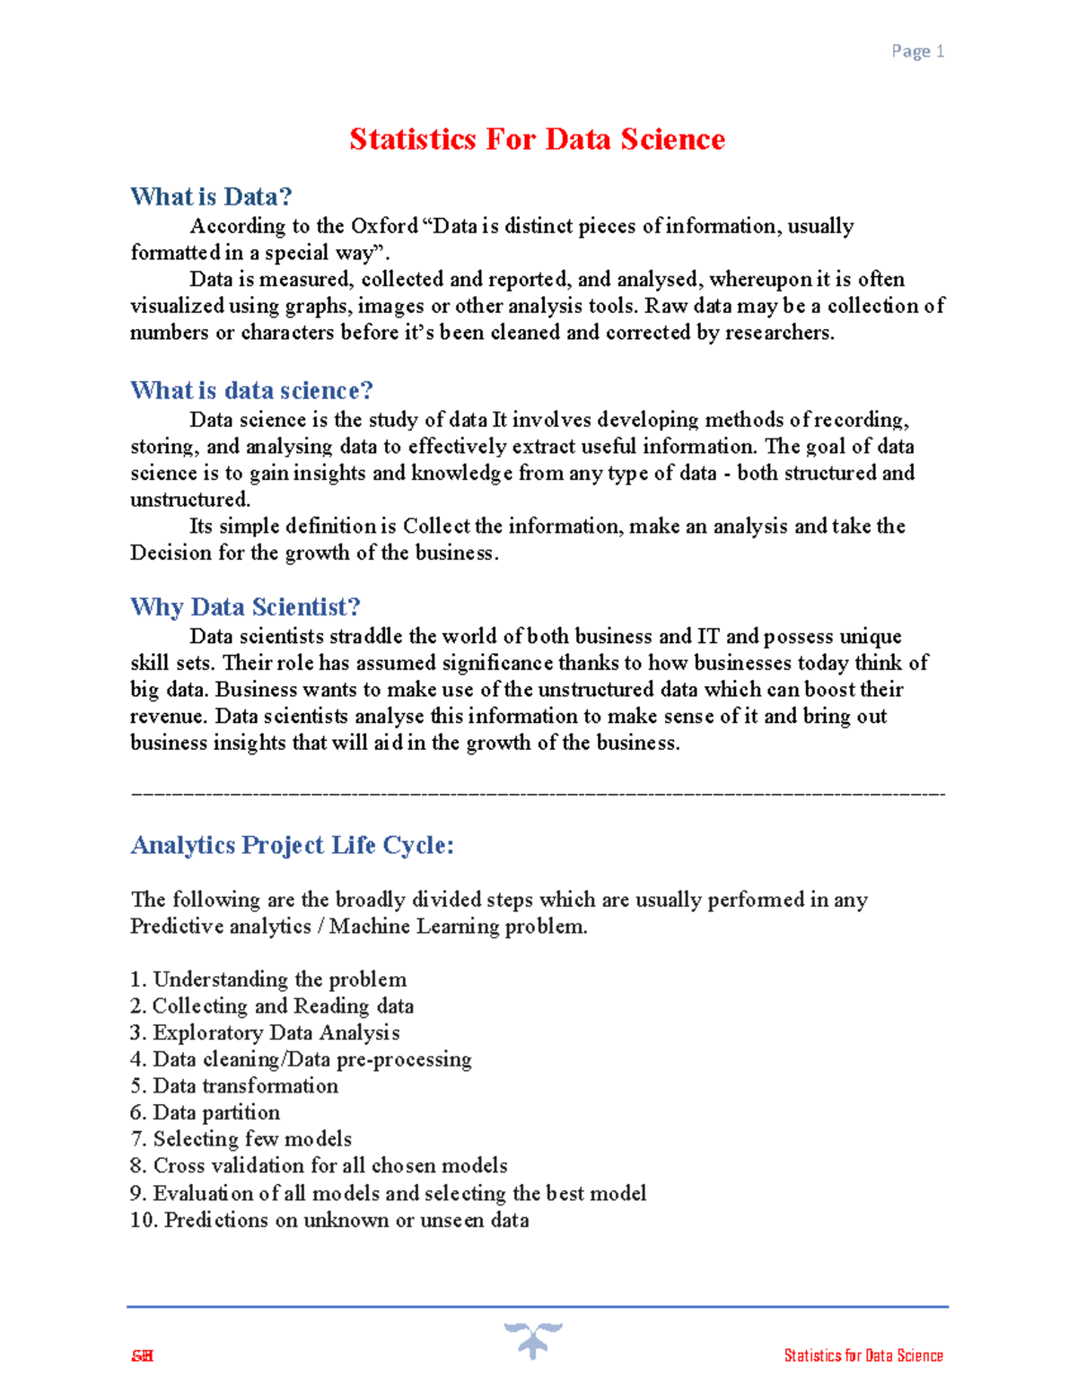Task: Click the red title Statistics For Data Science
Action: [537, 140]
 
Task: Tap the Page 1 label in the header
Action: [917, 51]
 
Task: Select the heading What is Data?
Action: [211, 196]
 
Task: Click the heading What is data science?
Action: [251, 390]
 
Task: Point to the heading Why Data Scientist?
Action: [245, 607]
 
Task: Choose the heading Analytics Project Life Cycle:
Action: [292, 845]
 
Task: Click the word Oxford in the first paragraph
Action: [384, 226]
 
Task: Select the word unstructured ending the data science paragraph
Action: [189, 500]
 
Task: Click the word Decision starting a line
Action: [171, 553]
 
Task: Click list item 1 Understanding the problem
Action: [268, 979]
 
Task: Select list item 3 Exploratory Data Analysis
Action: [265, 1032]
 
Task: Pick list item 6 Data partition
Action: [205, 1112]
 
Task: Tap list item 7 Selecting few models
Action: [241, 1139]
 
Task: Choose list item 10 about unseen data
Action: [329, 1220]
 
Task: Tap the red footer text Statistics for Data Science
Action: [863, 1355]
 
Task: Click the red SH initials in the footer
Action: [142, 1355]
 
